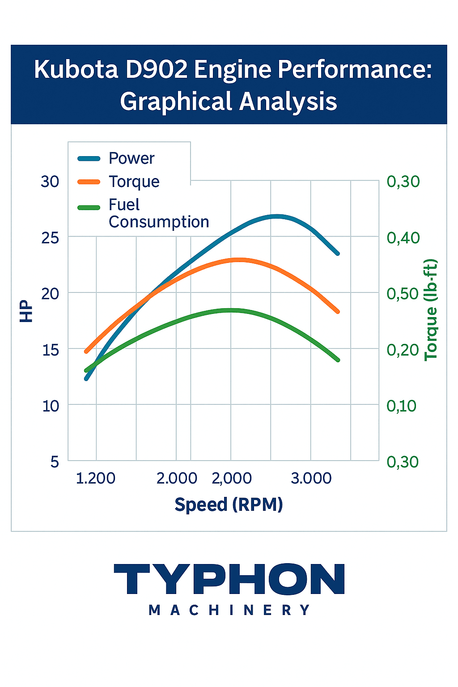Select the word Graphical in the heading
(176, 102)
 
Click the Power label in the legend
(131, 158)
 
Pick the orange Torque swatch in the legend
(89, 182)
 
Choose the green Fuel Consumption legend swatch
(89, 207)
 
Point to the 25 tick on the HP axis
(50, 237)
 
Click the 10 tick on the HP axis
(50, 406)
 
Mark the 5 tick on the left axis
(55, 462)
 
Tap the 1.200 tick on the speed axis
(96, 479)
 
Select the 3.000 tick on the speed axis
(311, 479)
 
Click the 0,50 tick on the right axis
(403, 294)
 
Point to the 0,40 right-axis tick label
(403, 237)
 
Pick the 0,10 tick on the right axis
(401, 406)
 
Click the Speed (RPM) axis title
(229, 505)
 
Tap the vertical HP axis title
(27, 311)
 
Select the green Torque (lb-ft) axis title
(430, 310)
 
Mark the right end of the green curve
(338, 360)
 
